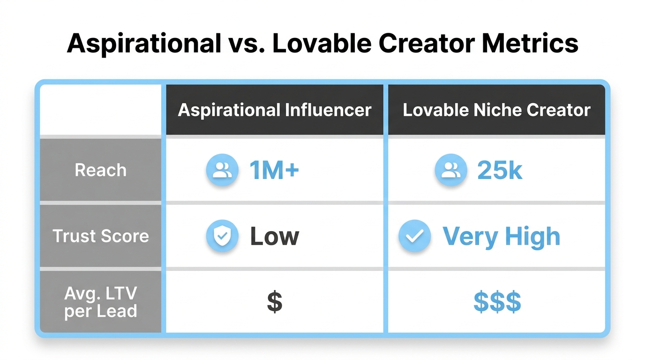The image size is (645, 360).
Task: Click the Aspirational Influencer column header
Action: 275,110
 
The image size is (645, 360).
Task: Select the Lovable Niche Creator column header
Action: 496,110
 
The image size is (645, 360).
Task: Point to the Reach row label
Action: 101,170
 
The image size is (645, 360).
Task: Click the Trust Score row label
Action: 101,236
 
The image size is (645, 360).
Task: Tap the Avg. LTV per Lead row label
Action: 101,302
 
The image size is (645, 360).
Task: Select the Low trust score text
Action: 274,236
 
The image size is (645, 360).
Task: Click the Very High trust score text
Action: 501,236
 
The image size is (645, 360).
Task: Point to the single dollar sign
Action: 275,302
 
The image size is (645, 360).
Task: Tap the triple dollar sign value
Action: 497,302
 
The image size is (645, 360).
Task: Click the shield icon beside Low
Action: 222,236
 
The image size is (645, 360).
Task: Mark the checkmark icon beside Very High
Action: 414,236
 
